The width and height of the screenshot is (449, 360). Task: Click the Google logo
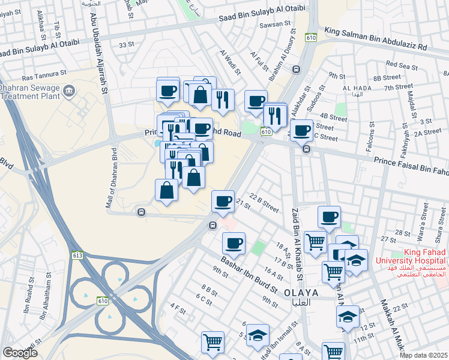20,352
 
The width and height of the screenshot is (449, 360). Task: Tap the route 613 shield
77,255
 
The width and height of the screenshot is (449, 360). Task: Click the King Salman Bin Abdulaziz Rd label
375,38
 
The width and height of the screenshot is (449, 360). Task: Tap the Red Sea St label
401,64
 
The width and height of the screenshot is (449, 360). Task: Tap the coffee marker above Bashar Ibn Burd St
234,243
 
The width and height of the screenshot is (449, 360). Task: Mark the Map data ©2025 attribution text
423,355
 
